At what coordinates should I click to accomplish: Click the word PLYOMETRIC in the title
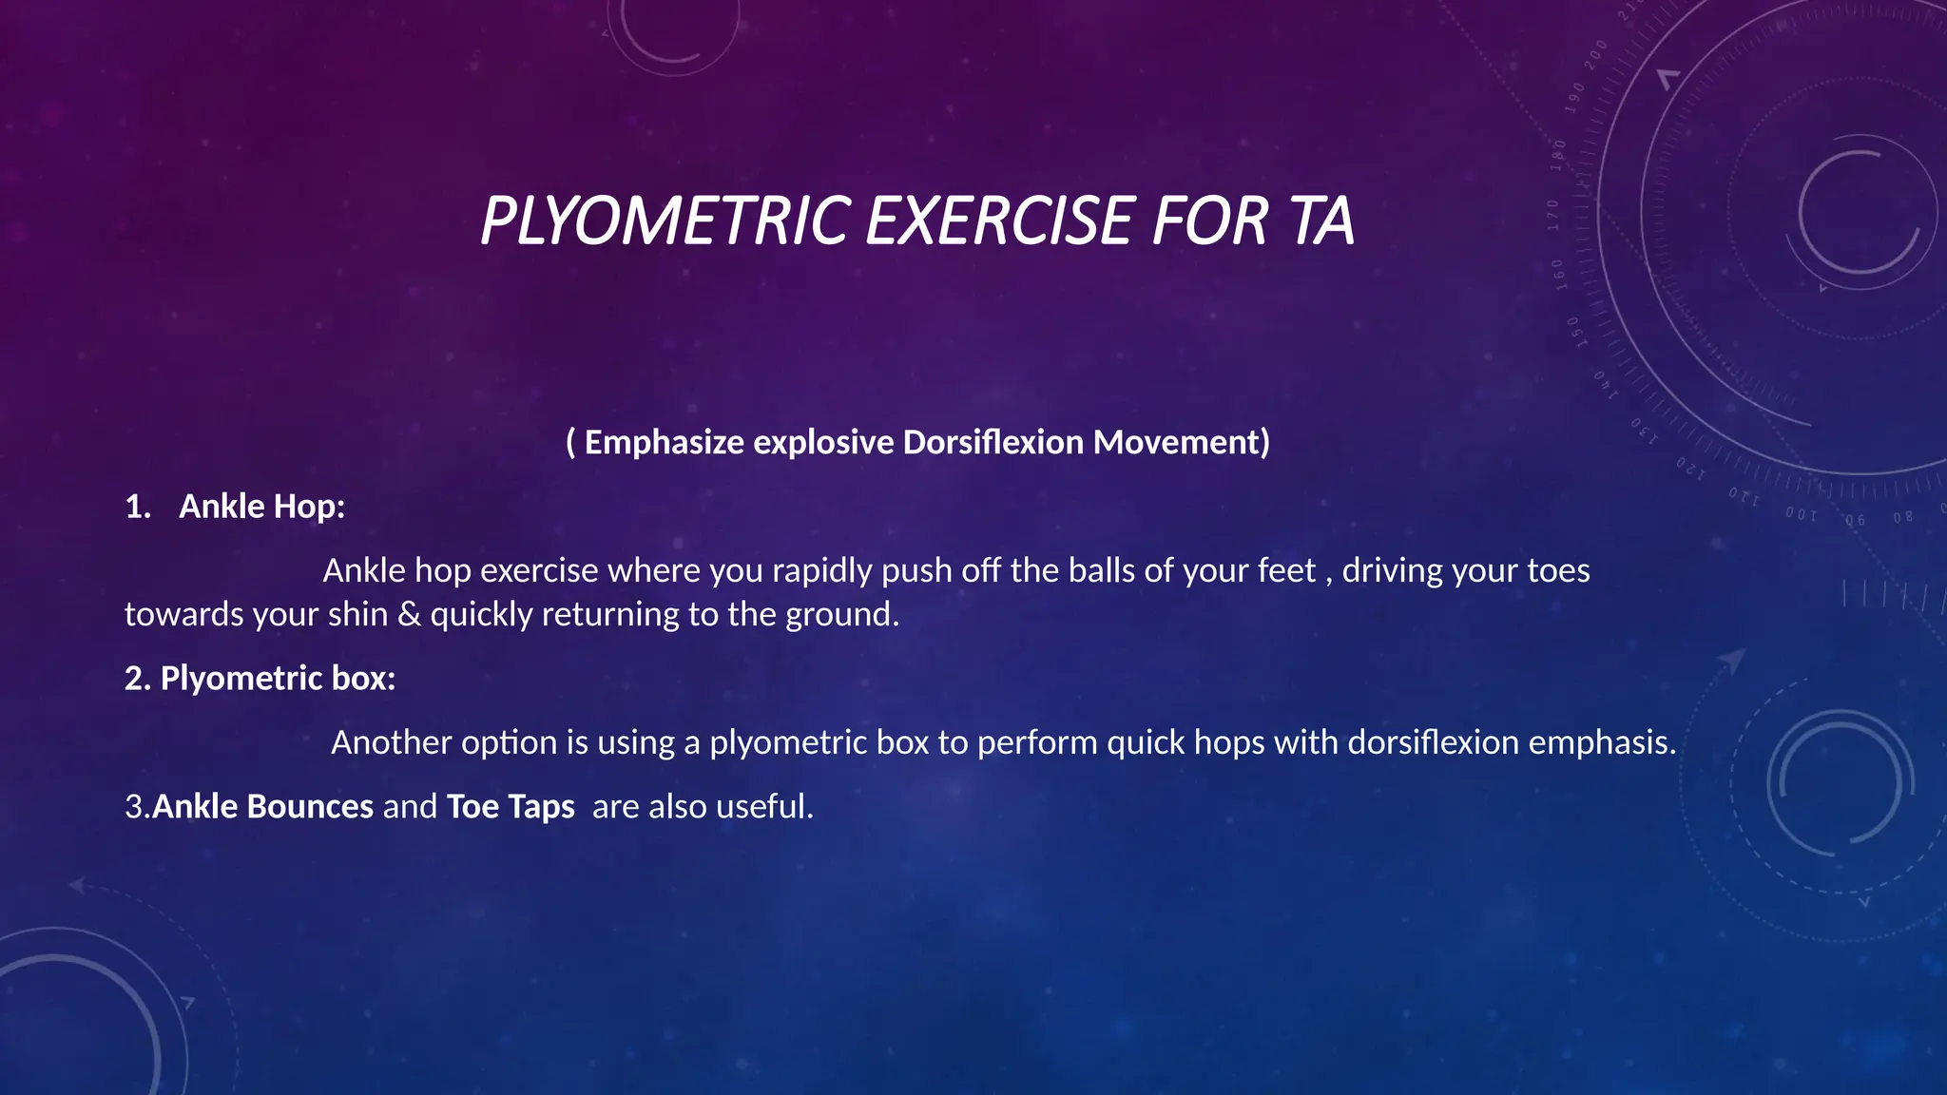(x=665, y=221)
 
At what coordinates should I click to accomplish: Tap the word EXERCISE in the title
(x=1000, y=221)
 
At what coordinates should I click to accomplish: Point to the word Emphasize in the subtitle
(x=664, y=442)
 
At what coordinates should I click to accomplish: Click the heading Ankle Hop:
(x=261, y=507)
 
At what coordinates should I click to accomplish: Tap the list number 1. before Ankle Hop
(x=138, y=507)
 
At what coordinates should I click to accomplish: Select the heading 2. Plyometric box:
(x=260, y=678)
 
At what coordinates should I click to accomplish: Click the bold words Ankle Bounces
(x=262, y=806)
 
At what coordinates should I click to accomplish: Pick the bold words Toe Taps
(x=511, y=806)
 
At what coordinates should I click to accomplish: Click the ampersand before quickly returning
(x=409, y=614)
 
